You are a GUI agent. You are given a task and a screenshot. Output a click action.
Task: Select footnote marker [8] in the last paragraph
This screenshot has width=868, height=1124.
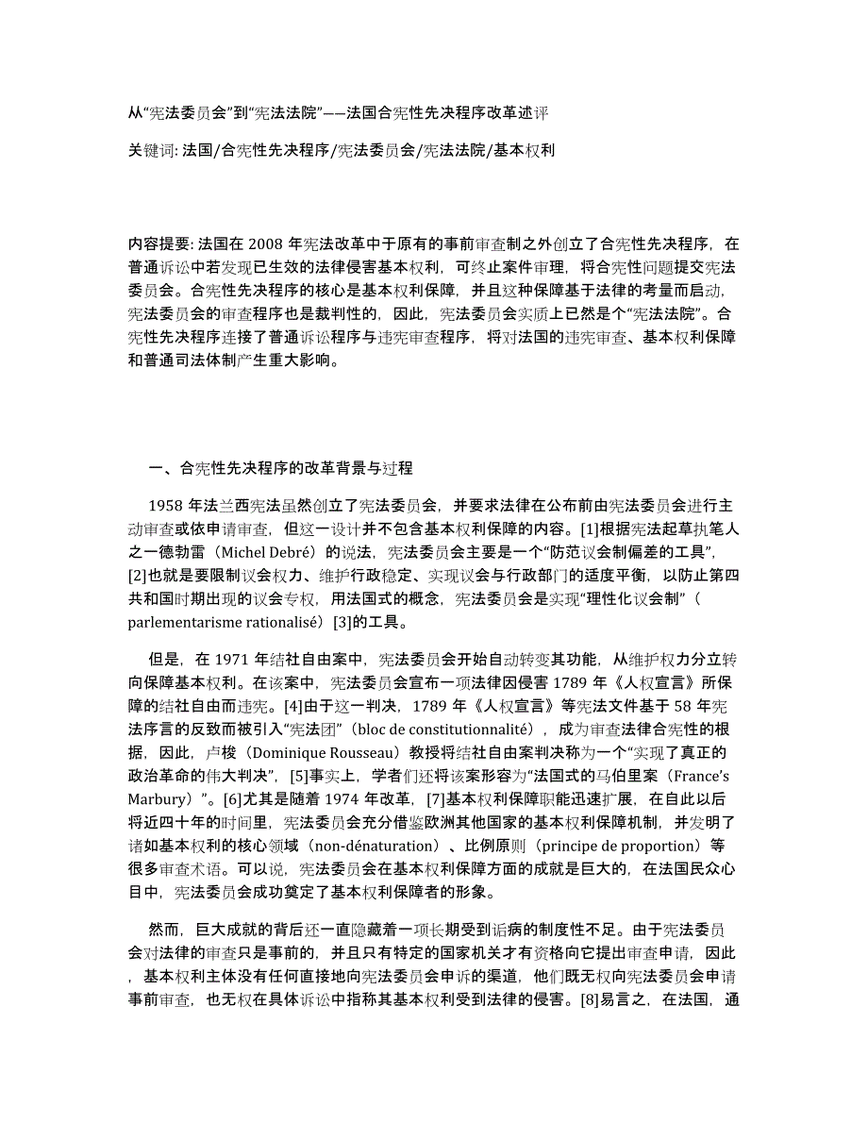[584, 1022]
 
